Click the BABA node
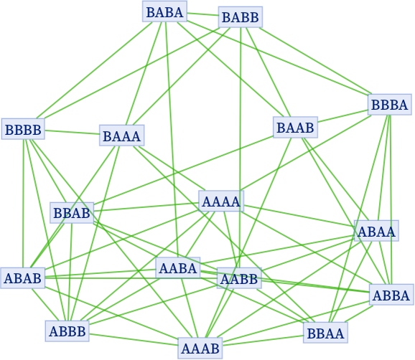[x=164, y=11]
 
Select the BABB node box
[x=241, y=17]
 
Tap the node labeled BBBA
[x=390, y=105]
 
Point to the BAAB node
[x=295, y=127]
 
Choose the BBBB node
[x=23, y=129]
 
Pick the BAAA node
[x=122, y=136]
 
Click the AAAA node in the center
[x=221, y=201]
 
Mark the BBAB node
[x=72, y=213]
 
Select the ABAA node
[x=376, y=231]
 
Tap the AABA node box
[x=178, y=267]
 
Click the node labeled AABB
[x=239, y=278]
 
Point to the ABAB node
[x=23, y=278]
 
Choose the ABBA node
[x=391, y=295]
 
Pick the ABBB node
[x=67, y=331]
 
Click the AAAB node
[x=200, y=348]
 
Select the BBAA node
[x=325, y=333]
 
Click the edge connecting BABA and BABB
[x=202, y=14]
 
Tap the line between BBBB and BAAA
[x=72, y=132]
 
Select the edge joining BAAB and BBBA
[x=342, y=116]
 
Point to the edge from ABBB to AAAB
[x=134, y=339]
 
